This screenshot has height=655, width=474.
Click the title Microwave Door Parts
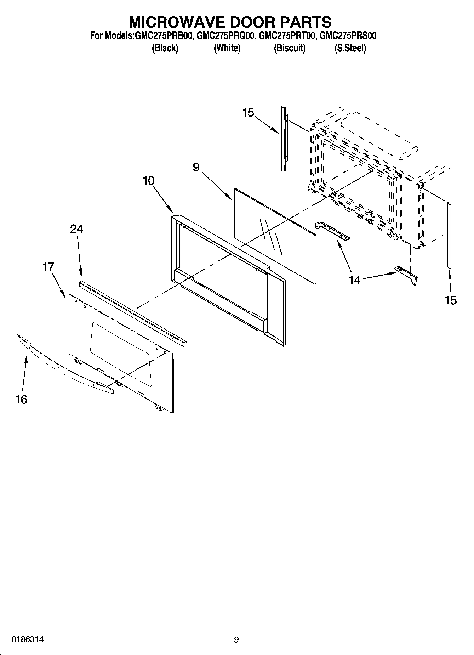tap(230, 22)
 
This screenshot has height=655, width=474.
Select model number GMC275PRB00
tap(164, 36)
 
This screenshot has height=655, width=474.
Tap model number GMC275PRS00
tap(348, 36)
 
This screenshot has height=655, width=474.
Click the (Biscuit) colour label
tap(290, 48)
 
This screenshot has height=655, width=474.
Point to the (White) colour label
tap(227, 48)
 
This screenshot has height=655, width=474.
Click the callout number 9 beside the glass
tap(196, 167)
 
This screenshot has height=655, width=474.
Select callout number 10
tap(149, 181)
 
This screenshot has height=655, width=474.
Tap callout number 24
tap(76, 229)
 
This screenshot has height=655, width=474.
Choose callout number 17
tap(48, 267)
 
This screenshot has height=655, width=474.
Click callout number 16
tap(21, 400)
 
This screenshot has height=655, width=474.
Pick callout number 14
tap(354, 280)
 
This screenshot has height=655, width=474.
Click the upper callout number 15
tap(248, 113)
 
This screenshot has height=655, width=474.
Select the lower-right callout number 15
tap(451, 300)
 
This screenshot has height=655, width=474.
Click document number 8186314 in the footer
tap(28, 640)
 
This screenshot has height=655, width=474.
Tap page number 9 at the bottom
tap(236, 640)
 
